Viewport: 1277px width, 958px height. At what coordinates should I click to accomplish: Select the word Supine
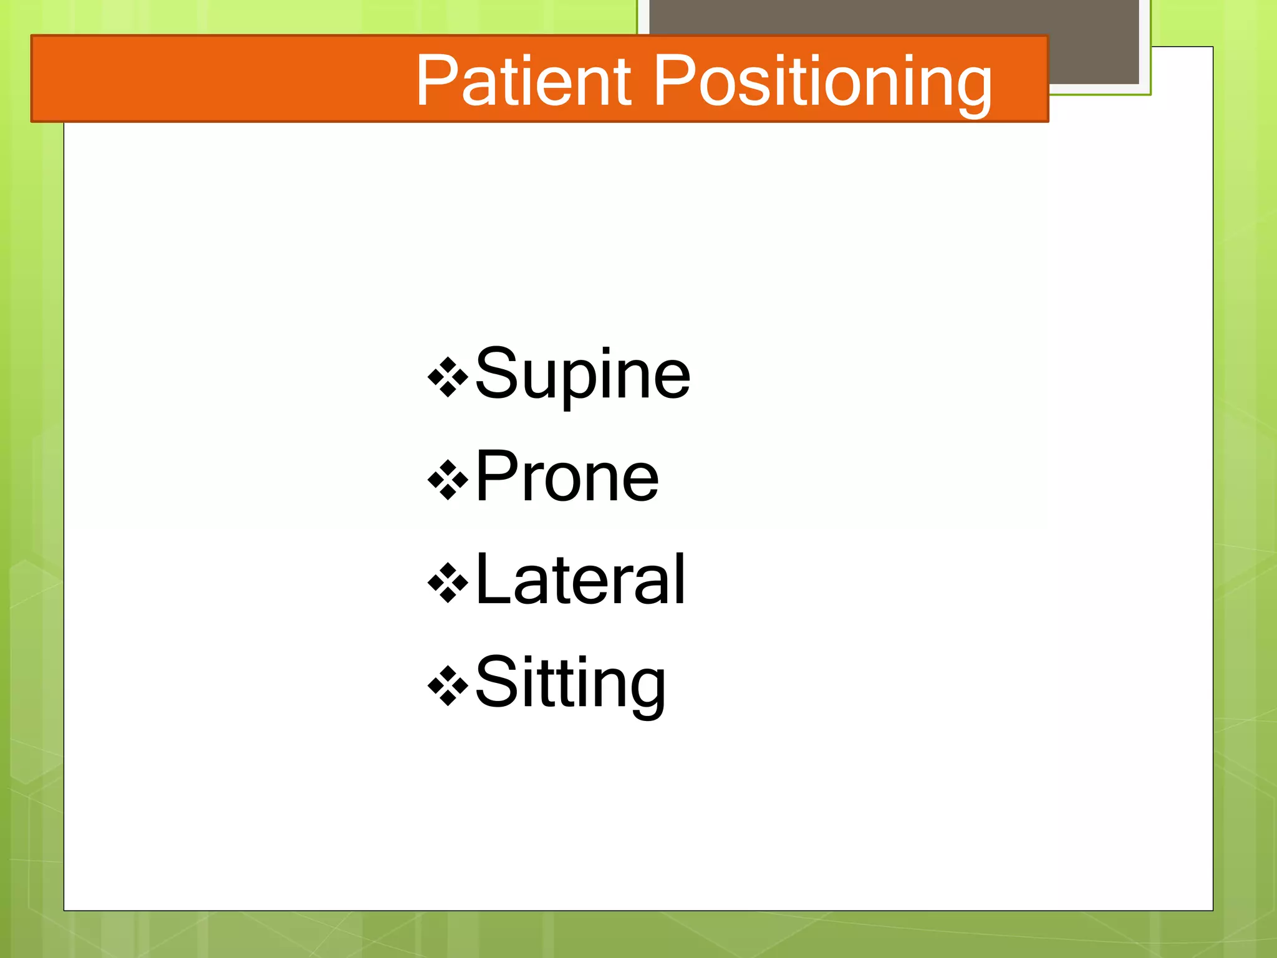(x=582, y=374)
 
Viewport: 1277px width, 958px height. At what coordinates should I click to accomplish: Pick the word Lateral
(x=580, y=580)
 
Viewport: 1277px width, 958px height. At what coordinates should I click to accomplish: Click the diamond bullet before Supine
(x=448, y=377)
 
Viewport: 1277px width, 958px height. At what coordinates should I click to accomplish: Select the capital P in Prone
(x=495, y=475)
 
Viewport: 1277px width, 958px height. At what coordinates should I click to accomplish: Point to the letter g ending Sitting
(x=648, y=689)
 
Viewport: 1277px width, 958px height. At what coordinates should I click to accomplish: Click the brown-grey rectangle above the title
(x=892, y=19)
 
